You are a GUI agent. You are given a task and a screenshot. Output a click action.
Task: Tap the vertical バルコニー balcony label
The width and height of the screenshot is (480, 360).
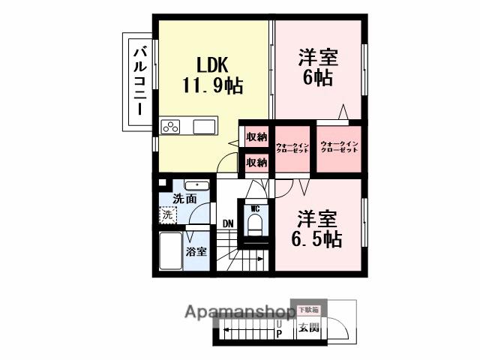139,80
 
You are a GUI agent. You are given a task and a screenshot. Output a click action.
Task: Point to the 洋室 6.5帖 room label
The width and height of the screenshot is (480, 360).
317,229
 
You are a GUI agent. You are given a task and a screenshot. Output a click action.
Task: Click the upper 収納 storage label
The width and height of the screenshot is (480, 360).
256,136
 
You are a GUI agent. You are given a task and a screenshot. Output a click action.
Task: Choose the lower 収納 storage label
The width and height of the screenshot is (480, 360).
256,161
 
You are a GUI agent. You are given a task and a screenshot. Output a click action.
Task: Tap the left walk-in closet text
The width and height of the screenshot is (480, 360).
292,147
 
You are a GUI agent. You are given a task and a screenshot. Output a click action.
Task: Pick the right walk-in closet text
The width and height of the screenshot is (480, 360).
339,147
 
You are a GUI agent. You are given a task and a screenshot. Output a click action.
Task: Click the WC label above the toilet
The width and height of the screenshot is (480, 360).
255,208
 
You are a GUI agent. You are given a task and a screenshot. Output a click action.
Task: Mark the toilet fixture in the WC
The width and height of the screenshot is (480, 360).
255,226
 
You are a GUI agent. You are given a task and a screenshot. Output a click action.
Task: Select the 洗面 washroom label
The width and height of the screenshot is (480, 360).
184,199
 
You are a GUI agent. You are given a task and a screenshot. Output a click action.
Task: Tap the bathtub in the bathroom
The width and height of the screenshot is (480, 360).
171,253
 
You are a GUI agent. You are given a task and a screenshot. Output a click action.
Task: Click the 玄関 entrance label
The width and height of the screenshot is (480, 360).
308,327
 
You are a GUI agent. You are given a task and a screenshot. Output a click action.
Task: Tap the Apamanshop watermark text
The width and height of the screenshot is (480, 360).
238,311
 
